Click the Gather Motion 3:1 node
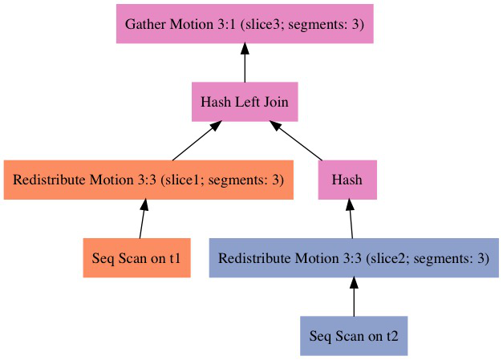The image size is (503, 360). (245, 24)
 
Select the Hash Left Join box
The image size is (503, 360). (245, 102)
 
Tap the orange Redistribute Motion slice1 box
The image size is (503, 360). (148, 180)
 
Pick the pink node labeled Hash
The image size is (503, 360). (347, 180)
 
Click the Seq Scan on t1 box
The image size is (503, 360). (136, 258)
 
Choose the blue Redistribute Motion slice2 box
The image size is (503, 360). (354, 258)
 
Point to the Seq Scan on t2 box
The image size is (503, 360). (354, 336)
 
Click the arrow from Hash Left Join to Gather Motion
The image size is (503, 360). (245, 63)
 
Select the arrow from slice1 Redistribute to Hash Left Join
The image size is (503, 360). (197, 141)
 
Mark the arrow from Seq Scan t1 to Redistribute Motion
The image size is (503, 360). (142, 219)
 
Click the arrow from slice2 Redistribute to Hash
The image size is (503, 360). (351, 219)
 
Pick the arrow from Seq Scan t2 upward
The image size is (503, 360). (354, 297)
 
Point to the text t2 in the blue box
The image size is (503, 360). (391, 336)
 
